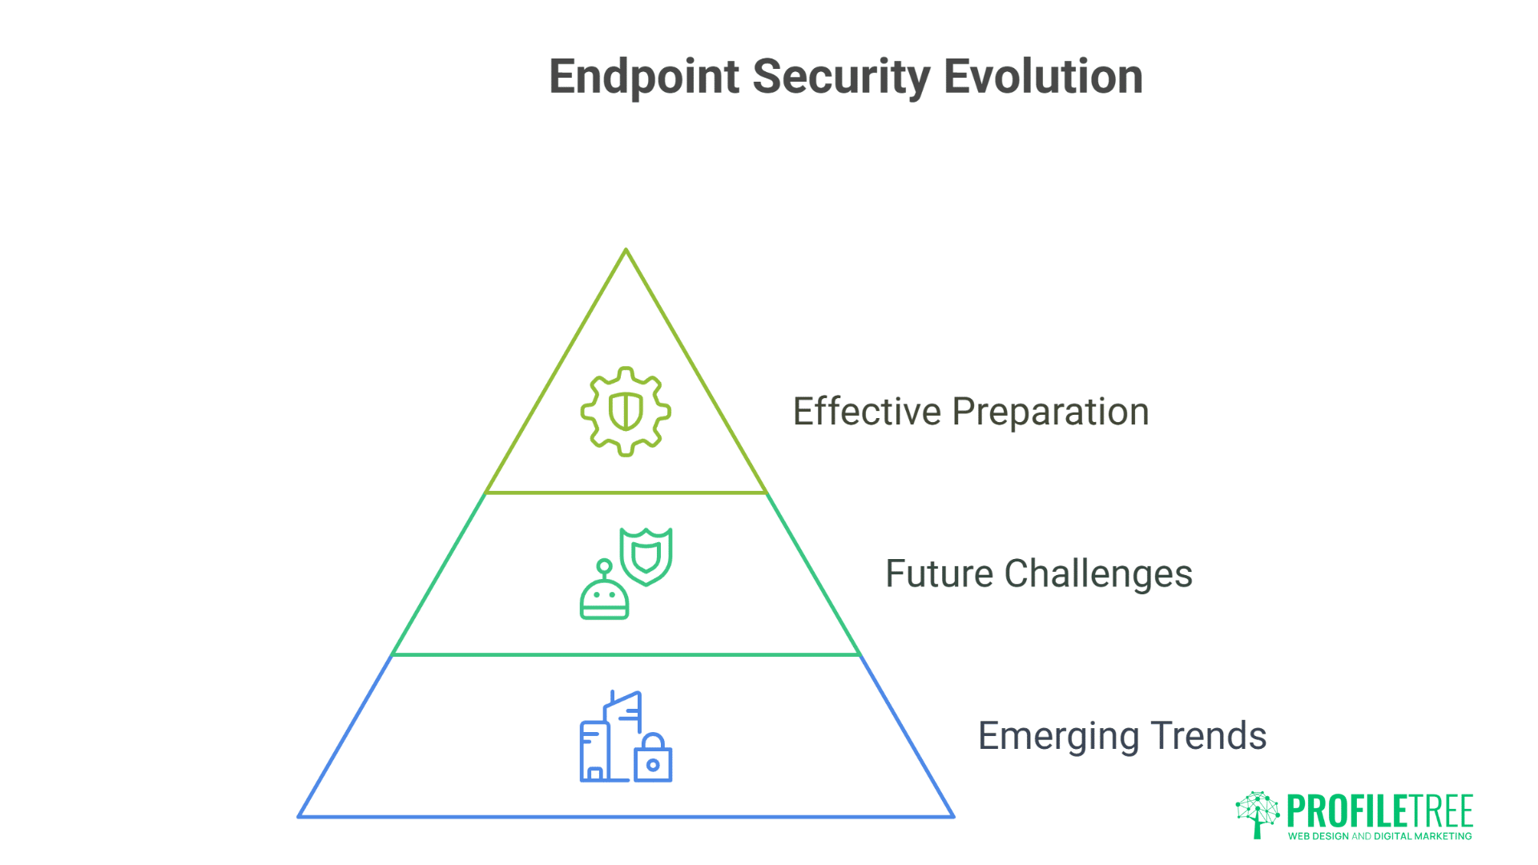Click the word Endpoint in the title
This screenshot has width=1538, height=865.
pyautogui.click(x=644, y=78)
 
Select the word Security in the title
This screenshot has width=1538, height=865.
pyautogui.click(x=841, y=78)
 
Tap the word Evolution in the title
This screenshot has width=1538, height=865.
pyautogui.click(x=1043, y=77)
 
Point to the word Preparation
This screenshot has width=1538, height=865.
pyautogui.click(x=1050, y=413)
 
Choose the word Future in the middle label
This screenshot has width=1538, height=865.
pyautogui.click(x=939, y=574)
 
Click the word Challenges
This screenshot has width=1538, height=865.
pyautogui.click(x=1098, y=575)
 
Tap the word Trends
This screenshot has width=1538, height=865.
pyautogui.click(x=1209, y=736)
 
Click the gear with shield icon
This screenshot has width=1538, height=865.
pyautogui.click(x=626, y=412)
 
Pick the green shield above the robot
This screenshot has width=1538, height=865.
pyautogui.click(x=646, y=556)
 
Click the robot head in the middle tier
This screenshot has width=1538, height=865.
pyautogui.click(x=604, y=596)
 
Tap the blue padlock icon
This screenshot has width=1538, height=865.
pyautogui.click(x=653, y=758)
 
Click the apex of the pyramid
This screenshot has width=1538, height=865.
pyautogui.click(x=626, y=251)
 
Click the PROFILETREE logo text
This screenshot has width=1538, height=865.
pyautogui.click(x=1379, y=811)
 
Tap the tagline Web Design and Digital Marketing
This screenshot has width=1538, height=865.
pyautogui.click(x=1379, y=836)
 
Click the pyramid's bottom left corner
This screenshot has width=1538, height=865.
pyautogui.click(x=300, y=816)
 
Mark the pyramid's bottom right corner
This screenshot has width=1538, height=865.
pyautogui.click(x=952, y=816)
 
